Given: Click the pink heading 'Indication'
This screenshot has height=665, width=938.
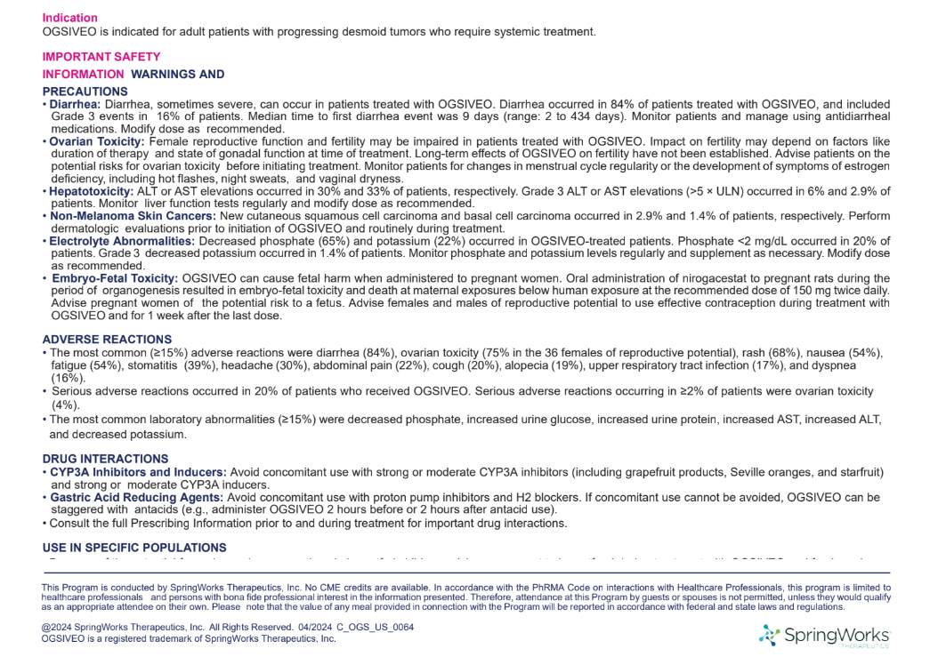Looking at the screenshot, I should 70,18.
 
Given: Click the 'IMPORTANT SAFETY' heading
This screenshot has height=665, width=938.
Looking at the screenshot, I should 101,57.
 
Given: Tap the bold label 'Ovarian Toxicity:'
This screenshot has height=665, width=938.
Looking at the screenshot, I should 97,141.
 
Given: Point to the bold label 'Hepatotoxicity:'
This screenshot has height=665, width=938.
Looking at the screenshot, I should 92,191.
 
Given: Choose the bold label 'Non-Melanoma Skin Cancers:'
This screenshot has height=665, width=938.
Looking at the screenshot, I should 133,216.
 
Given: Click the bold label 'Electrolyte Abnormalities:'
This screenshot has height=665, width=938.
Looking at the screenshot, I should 122,241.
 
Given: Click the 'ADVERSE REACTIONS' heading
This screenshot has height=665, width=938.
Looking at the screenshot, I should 107,339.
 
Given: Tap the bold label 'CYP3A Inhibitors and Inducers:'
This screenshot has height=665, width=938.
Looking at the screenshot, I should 138,471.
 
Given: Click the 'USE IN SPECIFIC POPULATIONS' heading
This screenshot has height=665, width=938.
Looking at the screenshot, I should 134,548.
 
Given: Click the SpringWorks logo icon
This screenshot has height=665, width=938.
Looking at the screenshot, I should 769,635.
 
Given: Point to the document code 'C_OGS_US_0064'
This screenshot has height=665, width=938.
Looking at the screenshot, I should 380,627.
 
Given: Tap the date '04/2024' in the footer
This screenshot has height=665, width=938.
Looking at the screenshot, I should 318,627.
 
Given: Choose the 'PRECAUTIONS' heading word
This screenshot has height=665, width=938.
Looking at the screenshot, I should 85,92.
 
